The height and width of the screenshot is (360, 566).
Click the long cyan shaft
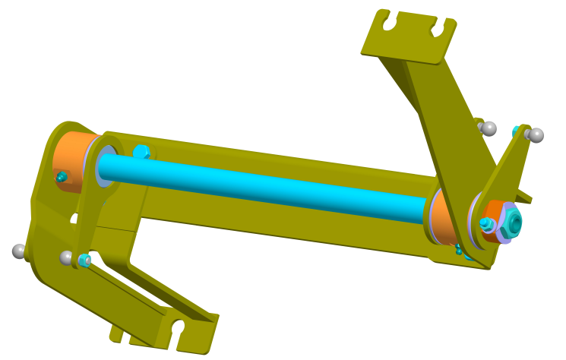[266, 186]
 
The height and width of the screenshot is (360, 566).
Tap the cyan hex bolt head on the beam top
[141, 152]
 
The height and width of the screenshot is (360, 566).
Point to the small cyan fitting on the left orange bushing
[62, 177]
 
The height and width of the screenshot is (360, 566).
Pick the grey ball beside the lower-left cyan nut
[67, 257]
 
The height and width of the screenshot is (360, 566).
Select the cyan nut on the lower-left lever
[84, 261]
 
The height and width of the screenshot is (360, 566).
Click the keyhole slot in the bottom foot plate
[179, 329]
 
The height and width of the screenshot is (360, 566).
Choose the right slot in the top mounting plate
[438, 28]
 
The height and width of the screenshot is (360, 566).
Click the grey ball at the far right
[536, 136]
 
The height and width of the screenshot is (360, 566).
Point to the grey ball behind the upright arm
[490, 128]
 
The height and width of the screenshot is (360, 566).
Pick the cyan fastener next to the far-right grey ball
[518, 131]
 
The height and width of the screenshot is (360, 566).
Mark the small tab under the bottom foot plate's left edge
[115, 333]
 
